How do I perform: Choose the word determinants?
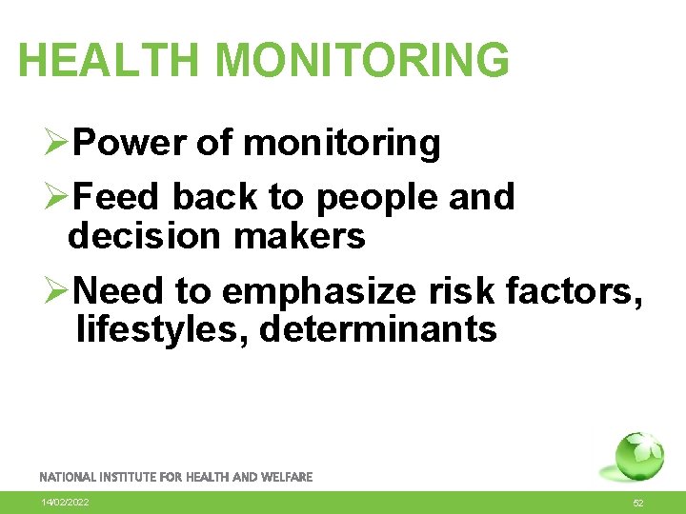(378, 329)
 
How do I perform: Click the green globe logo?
(637, 458)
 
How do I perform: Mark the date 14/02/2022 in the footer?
(65, 502)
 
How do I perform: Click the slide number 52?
(637, 503)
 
